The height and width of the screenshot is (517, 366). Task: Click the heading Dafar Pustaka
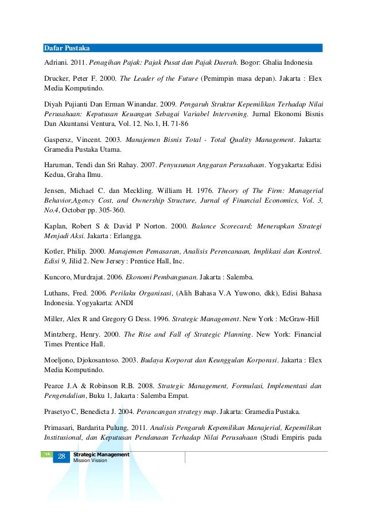pyautogui.click(x=67, y=48)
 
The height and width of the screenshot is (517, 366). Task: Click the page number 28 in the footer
pyautogui.click(x=61, y=456)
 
